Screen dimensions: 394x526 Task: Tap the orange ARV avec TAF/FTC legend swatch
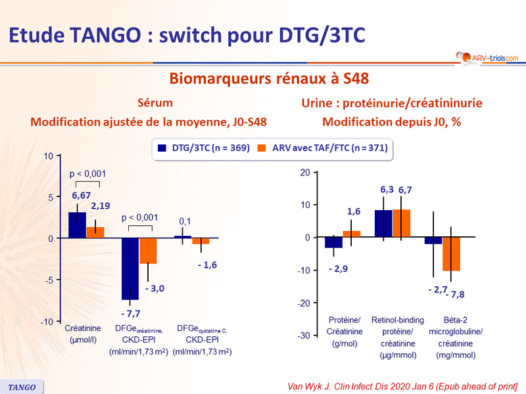pyautogui.click(x=262, y=148)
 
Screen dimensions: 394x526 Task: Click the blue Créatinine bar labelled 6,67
pyautogui.click(x=77, y=225)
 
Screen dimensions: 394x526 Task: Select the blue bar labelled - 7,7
pyautogui.click(x=130, y=269)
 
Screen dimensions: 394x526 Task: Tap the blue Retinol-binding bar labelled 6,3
pyautogui.click(x=383, y=224)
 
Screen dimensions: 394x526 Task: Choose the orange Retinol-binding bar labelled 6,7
pyautogui.click(x=401, y=223)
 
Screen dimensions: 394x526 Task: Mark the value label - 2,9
pyautogui.click(x=337, y=269)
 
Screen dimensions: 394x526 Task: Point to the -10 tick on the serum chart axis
pyautogui.click(x=47, y=322)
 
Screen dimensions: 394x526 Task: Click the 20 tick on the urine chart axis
pyautogui.click(x=304, y=173)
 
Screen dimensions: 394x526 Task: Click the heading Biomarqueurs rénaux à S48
pyautogui.click(x=269, y=79)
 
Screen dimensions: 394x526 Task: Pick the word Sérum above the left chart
pyautogui.click(x=155, y=103)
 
